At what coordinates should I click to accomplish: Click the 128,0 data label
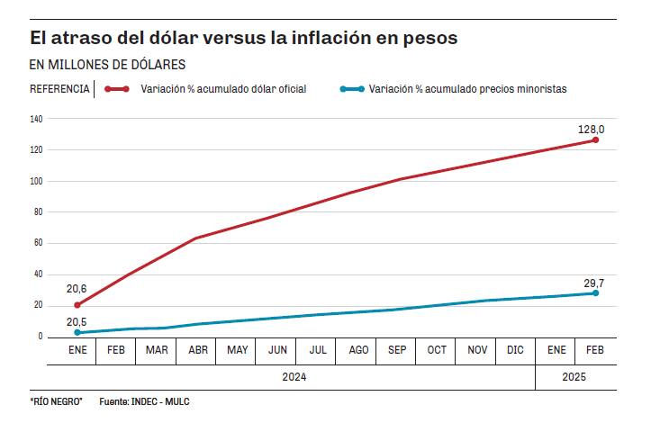tap(591, 130)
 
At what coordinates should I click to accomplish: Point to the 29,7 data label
tap(593, 283)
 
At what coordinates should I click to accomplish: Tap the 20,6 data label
tap(77, 289)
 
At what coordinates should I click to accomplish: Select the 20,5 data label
tap(77, 321)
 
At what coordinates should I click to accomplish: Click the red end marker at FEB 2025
tap(595, 140)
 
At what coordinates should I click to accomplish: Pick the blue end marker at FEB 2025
tap(595, 293)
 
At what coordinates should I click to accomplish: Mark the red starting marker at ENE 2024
tap(77, 305)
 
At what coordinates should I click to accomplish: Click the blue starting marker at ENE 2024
tap(77, 333)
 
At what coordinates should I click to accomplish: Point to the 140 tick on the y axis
tap(36, 119)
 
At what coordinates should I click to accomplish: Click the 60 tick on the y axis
tap(38, 243)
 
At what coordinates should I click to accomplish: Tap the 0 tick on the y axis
tap(41, 337)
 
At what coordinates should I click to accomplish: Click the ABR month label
tap(196, 349)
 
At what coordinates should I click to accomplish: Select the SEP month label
tap(396, 349)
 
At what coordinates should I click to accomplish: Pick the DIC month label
tap(516, 349)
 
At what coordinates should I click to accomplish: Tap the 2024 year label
tap(295, 377)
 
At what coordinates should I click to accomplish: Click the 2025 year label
tap(574, 377)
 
